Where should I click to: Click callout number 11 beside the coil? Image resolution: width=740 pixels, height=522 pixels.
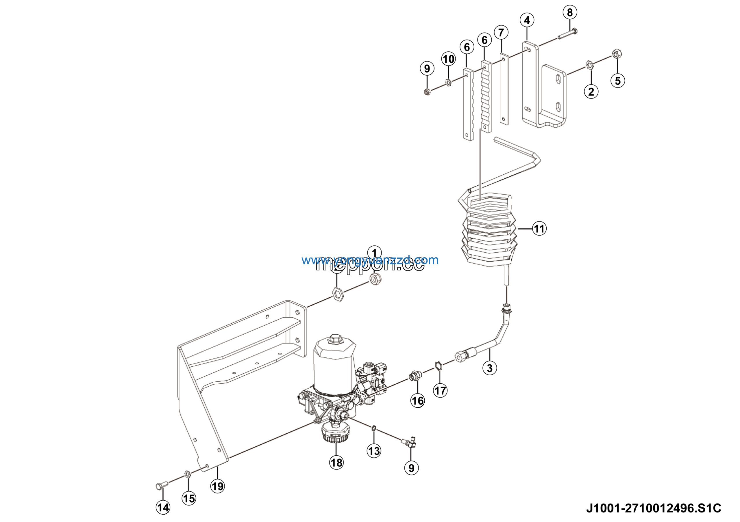pyautogui.click(x=539, y=229)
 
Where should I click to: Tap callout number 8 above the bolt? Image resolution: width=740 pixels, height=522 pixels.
pyautogui.click(x=570, y=12)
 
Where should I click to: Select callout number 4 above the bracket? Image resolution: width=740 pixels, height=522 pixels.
pyautogui.click(x=527, y=20)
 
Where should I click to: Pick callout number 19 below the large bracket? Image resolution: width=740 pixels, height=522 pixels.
pyautogui.click(x=218, y=486)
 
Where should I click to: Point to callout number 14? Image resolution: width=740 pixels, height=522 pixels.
pyautogui.click(x=163, y=508)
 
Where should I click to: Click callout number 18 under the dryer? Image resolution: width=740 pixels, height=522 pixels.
pyautogui.click(x=336, y=463)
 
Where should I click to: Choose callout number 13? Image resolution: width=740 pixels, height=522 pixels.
pyautogui.click(x=374, y=451)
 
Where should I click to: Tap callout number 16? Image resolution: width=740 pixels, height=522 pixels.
pyautogui.click(x=418, y=401)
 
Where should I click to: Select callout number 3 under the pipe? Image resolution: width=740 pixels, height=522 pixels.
pyautogui.click(x=490, y=368)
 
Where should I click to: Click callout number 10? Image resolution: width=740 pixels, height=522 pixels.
pyautogui.click(x=448, y=59)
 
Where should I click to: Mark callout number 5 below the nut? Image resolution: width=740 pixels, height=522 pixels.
pyautogui.click(x=617, y=81)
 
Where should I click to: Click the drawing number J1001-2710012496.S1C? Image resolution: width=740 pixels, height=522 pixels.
pyautogui.click(x=653, y=508)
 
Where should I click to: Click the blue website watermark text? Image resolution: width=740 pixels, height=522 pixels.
pyautogui.click(x=370, y=260)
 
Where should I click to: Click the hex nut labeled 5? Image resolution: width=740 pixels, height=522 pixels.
pyautogui.click(x=617, y=54)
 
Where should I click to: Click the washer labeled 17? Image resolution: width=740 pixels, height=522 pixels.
pyautogui.click(x=438, y=366)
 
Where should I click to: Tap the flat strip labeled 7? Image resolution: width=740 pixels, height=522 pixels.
pyautogui.click(x=504, y=90)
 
